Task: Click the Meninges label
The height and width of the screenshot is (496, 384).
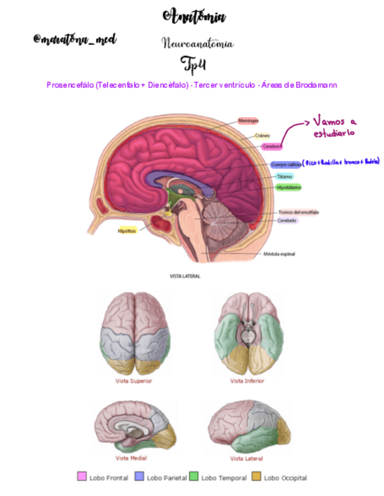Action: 249,120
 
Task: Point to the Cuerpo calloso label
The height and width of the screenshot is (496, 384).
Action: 286,164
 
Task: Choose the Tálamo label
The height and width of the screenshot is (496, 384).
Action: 284,176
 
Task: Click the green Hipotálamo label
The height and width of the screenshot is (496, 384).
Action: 289,188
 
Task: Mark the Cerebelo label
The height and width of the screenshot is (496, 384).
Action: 287,221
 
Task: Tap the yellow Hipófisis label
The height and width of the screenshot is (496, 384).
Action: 127,230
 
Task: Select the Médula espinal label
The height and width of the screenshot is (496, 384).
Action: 282,254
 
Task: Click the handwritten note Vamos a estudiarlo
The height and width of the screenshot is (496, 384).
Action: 335,127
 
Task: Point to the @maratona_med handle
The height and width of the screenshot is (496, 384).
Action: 75,40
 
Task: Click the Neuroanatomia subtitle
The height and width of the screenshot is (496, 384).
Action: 197,44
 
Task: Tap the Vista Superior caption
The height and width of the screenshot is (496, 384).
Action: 133,381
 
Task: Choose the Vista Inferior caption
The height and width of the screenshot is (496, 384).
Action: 247,381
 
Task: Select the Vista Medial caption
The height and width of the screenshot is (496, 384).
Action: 131,458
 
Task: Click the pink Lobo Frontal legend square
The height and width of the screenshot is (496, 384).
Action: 82,477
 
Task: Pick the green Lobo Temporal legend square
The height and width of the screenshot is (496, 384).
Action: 194,477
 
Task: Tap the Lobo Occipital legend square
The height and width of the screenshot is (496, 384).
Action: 256,477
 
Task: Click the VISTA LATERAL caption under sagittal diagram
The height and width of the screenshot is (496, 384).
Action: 184,276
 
